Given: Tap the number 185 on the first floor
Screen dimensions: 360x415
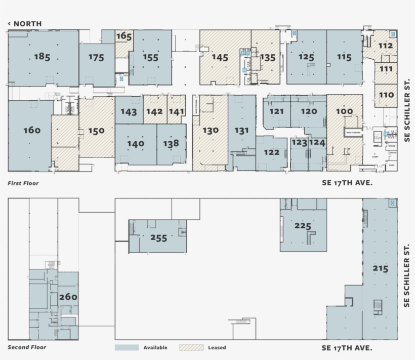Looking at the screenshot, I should pyautogui.click(x=42, y=57).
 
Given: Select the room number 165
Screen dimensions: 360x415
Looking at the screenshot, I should pyautogui.click(x=124, y=36).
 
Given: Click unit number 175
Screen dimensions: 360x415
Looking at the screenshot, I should pyautogui.click(x=96, y=57).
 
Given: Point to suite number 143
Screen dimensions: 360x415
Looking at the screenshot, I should pyautogui.click(x=129, y=112).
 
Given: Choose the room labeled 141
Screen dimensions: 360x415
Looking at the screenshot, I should pyautogui.click(x=177, y=112).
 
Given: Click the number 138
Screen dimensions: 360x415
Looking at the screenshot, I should pyautogui.click(x=171, y=143).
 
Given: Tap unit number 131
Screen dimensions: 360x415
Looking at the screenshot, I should pyautogui.click(x=242, y=130).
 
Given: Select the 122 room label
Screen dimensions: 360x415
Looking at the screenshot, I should pyautogui.click(x=271, y=152).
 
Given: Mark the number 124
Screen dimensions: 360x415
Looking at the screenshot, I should pyautogui.click(x=317, y=143).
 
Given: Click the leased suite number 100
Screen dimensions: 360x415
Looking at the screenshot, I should pyautogui.click(x=344, y=111).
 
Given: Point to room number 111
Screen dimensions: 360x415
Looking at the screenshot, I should pyautogui.click(x=386, y=69).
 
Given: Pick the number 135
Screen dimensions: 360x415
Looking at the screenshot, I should pyautogui.click(x=267, y=57).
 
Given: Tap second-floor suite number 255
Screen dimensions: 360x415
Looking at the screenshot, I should pyautogui.click(x=158, y=237).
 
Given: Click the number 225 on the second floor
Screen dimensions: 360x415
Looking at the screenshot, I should pyautogui.click(x=303, y=225).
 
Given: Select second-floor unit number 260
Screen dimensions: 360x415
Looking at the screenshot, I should pyautogui.click(x=68, y=297).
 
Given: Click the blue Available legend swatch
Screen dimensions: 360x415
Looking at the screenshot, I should pyautogui.click(x=127, y=348).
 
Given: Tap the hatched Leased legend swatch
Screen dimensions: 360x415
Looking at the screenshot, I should pyautogui.click(x=191, y=348).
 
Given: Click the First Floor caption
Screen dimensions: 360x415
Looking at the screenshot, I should pyautogui.click(x=23, y=183).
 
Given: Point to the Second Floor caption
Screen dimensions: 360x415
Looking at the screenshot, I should pyautogui.click(x=27, y=347).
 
